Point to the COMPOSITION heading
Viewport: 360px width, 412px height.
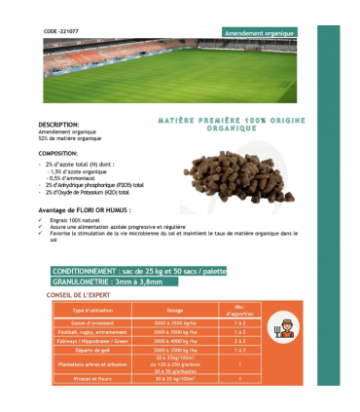click(59, 154)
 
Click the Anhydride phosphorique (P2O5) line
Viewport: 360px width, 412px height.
click(94, 184)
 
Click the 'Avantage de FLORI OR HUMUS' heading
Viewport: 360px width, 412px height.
click(85, 209)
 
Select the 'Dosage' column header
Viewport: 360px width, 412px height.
click(175, 311)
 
